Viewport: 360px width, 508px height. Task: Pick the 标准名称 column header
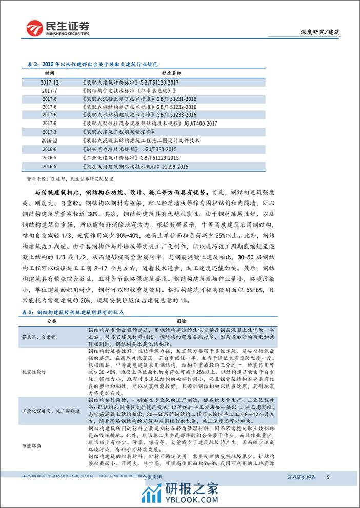click(144, 73)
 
